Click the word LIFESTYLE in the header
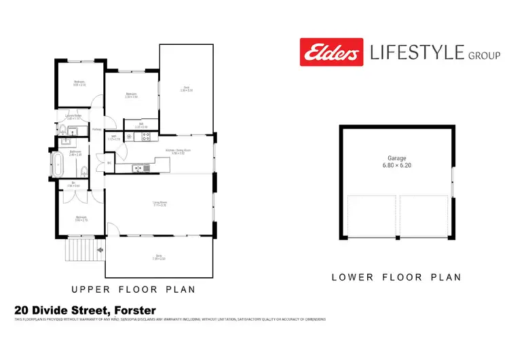point(415,52)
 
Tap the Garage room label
point(397,158)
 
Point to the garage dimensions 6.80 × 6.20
point(397,165)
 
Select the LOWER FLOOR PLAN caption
point(396,277)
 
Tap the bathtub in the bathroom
point(60,164)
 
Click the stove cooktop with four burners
point(144,137)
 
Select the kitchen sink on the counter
point(140,168)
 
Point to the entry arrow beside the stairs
point(100,250)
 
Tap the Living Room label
point(159,202)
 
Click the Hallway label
point(96,129)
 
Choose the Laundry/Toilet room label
point(73,116)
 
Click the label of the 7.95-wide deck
point(159,257)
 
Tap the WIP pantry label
point(115,137)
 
